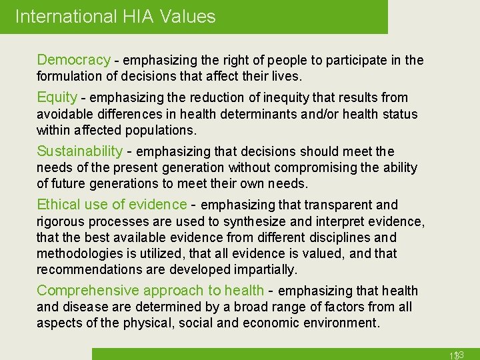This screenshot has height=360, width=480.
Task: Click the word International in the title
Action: click(64, 16)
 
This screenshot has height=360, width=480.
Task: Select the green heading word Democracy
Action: click(73, 60)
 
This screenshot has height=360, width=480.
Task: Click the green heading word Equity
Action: click(57, 97)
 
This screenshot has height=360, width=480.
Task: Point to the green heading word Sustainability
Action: click(79, 151)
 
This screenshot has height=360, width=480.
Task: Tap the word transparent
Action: click(331, 205)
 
